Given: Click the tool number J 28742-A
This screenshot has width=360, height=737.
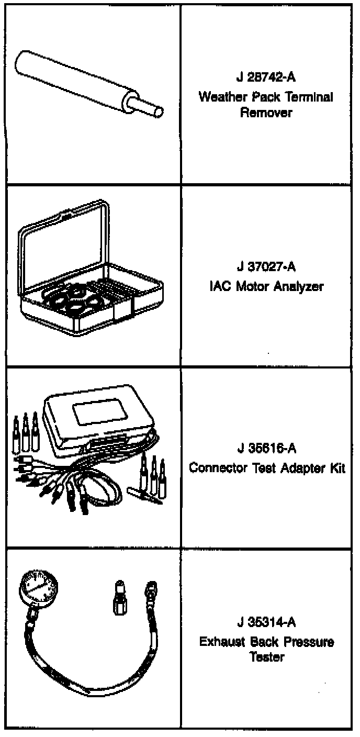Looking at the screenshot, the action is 266,78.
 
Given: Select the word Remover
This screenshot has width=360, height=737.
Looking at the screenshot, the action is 266,113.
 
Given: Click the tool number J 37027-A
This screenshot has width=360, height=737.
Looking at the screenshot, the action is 266,267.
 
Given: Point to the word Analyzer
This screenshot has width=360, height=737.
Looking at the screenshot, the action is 300,287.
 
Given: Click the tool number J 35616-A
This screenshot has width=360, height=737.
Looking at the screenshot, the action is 266,449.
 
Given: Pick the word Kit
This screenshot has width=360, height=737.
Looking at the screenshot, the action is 336,468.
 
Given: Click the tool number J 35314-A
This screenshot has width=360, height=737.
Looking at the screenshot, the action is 266,623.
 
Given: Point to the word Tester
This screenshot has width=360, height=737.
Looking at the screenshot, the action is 267,657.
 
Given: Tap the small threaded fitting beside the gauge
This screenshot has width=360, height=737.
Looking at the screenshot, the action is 120,597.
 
